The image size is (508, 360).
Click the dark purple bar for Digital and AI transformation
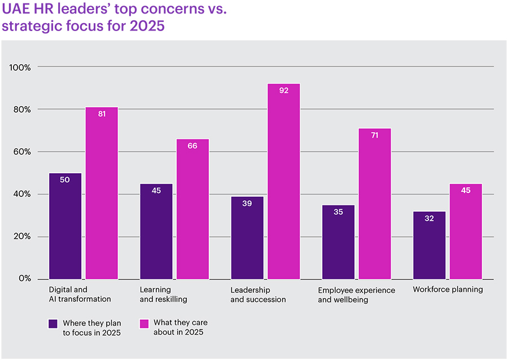[65, 226]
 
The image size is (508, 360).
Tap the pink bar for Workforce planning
[466, 231]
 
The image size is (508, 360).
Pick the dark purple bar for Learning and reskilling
[156, 231]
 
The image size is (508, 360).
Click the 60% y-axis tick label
[22, 152]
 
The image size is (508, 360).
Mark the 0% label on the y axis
[24, 279]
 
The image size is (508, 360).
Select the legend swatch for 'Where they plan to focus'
[53, 323]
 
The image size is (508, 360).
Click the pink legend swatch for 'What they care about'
[144, 323]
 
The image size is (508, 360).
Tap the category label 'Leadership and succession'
[258, 295]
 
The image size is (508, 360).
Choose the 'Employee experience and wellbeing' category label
[356, 295]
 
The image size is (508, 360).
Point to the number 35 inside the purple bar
[338, 213]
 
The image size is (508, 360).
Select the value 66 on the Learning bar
[192, 146]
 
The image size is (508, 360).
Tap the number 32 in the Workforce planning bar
[430, 218]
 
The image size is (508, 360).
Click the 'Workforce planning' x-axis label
[448, 289]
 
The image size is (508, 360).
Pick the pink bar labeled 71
[375, 203]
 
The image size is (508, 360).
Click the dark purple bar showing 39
[247, 238]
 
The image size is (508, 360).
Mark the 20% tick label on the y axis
[22, 236]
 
